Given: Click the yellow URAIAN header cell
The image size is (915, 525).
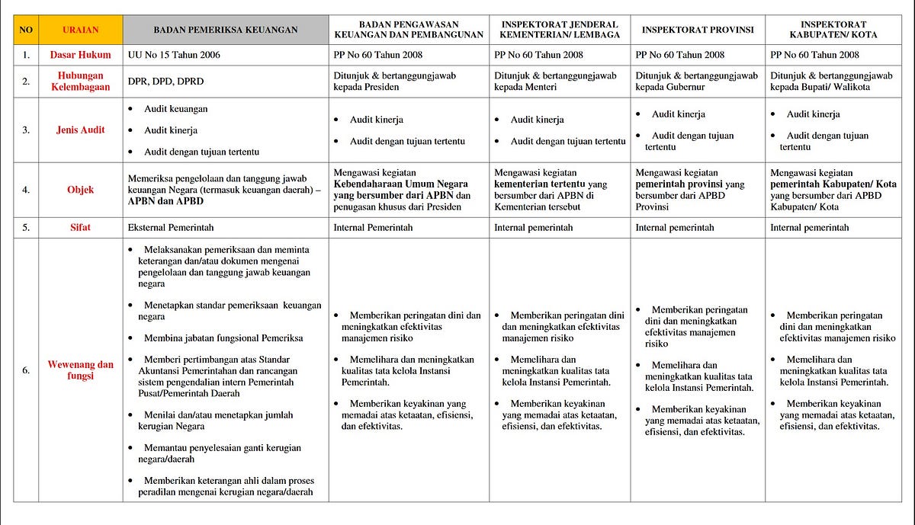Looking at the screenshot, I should pyautogui.click(x=80, y=30).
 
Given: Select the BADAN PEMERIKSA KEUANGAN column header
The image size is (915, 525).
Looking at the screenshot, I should pyautogui.click(x=225, y=30).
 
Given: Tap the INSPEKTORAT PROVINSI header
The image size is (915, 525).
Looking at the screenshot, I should pyautogui.click(x=698, y=30).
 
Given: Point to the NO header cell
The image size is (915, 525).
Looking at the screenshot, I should pyautogui.click(x=26, y=30).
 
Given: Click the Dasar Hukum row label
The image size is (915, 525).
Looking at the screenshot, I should pyautogui.click(x=80, y=55).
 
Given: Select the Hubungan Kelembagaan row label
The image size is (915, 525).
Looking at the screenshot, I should pyautogui.click(x=80, y=82).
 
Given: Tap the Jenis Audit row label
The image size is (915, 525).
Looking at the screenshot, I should pyautogui.click(x=80, y=130).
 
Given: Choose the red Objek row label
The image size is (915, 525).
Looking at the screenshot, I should pyautogui.click(x=80, y=190).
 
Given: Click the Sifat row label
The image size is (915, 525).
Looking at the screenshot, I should pyautogui.click(x=80, y=228).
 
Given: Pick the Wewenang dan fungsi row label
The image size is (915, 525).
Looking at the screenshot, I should pyautogui.click(x=80, y=370).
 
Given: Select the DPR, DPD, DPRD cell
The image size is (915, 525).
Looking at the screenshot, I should pyautogui.click(x=166, y=82).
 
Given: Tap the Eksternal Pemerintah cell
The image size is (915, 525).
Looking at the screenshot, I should pyautogui.click(x=172, y=228).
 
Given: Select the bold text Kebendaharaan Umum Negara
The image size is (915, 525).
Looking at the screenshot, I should pyautogui.click(x=401, y=184).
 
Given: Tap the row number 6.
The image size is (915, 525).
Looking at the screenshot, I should pyautogui.click(x=26, y=370).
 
